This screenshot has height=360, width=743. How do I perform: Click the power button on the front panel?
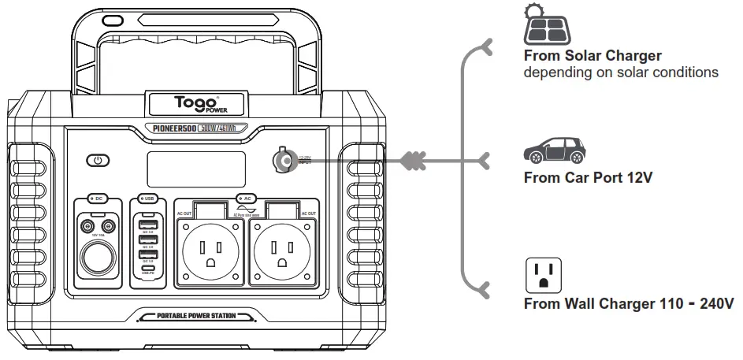[98, 160]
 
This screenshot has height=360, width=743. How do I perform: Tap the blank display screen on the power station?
[195, 169]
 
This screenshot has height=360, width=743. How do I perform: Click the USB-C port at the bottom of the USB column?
[147, 269]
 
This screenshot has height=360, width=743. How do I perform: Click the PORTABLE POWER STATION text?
[195, 316]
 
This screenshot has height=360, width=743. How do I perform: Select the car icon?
[555, 150]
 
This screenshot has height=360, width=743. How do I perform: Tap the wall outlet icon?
[543, 275]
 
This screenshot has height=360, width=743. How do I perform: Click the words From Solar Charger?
[593, 56]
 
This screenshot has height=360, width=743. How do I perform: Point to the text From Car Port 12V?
[588, 177]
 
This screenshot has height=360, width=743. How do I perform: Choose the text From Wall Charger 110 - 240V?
[629, 303]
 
